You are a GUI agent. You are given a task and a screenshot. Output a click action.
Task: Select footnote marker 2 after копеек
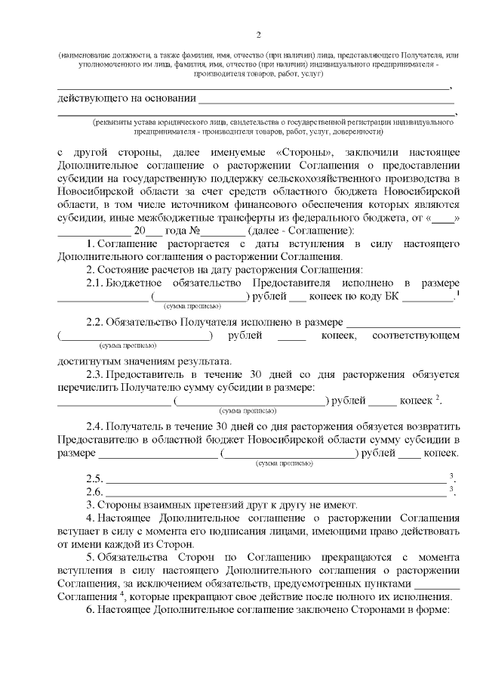pyautogui.click(x=438, y=398)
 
